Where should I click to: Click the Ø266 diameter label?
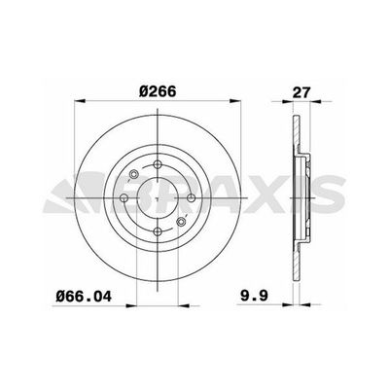pyautogui.click(x=158, y=91)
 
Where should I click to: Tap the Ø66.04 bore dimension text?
pyautogui.click(x=84, y=297)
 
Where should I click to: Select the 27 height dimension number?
pyautogui.click(x=301, y=92)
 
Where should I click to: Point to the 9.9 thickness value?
pyautogui.click(x=254, y=296)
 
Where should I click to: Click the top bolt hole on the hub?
pyautogui.click(x=158, y=164)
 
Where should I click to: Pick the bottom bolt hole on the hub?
pyautogui.click(x=158, y=231)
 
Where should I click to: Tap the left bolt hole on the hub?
pyautogui.click(x=124, y=197)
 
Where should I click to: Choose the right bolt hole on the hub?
pyautogui.click(x=191, y=197)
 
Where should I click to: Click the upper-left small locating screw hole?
pyautogui.click(x=133, y=174)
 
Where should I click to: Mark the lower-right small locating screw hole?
pyautogui.click(x=181, y=222)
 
